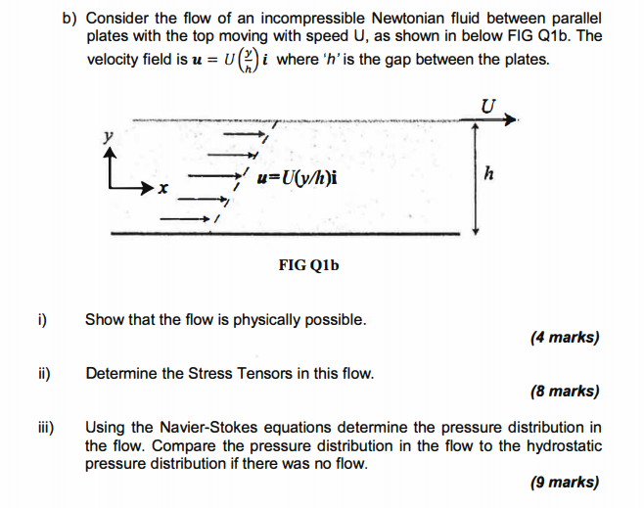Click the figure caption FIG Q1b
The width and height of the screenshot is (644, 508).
pyautogui.click(x=308, y=265)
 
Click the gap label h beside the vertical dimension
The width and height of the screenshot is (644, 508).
pyautogui.click(x=488, y=174)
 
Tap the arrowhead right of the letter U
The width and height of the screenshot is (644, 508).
pyautogui.click(x=510, y=120)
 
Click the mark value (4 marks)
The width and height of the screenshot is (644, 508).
pyautogui.click(x=564, y=338)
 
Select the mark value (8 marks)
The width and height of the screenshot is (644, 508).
pyautogui.click(x=564, y=392)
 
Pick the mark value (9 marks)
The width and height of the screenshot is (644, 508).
pyautogui.click(x=564, y=482)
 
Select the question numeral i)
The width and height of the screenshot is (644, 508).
pyautogui.click(x=42, y=319)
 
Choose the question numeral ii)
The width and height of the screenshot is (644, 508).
pyautogui.click(x=44, y=373)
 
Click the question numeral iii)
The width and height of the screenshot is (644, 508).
pyautogui.click(x=46, y=428)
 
